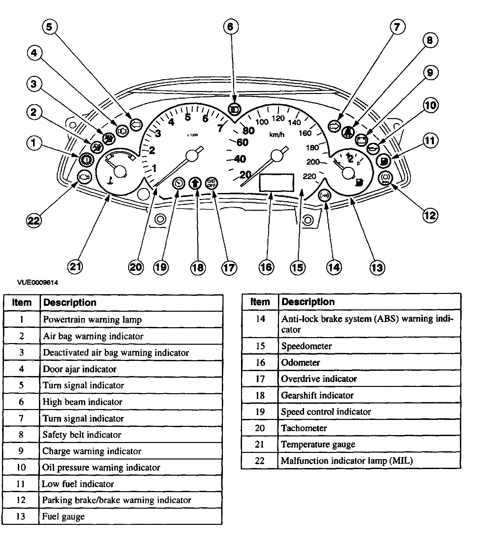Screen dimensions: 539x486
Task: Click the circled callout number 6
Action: [x=230, y=26]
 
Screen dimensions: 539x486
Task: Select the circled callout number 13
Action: [x=377, y=267]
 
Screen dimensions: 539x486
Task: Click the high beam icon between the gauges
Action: [x=234, y=109]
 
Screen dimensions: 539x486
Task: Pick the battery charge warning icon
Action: [x=361, y=140]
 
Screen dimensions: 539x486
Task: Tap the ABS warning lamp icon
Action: [x=324, y=195]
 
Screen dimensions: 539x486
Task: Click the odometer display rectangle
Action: [x=277, y=182]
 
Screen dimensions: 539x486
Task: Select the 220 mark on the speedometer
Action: [x=309, y=176]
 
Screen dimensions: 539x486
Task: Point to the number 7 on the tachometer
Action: [x=220, y=128]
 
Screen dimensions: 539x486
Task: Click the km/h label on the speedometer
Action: [x=277, y=135]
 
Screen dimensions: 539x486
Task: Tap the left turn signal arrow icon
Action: [x=136, y=125]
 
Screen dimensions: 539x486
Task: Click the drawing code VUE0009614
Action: [x=38, y=282]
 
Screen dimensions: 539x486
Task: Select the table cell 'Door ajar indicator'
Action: [x=80, y=369]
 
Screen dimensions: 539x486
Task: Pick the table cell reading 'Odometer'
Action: [x=300, y=363]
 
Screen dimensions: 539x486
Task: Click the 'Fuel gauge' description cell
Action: [x=63, y=516]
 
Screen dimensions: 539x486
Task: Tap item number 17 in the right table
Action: [x=260, y=379]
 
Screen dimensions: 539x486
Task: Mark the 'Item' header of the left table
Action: [x=22, y=302]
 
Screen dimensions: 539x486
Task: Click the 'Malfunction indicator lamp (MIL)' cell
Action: [x=347, y=460]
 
